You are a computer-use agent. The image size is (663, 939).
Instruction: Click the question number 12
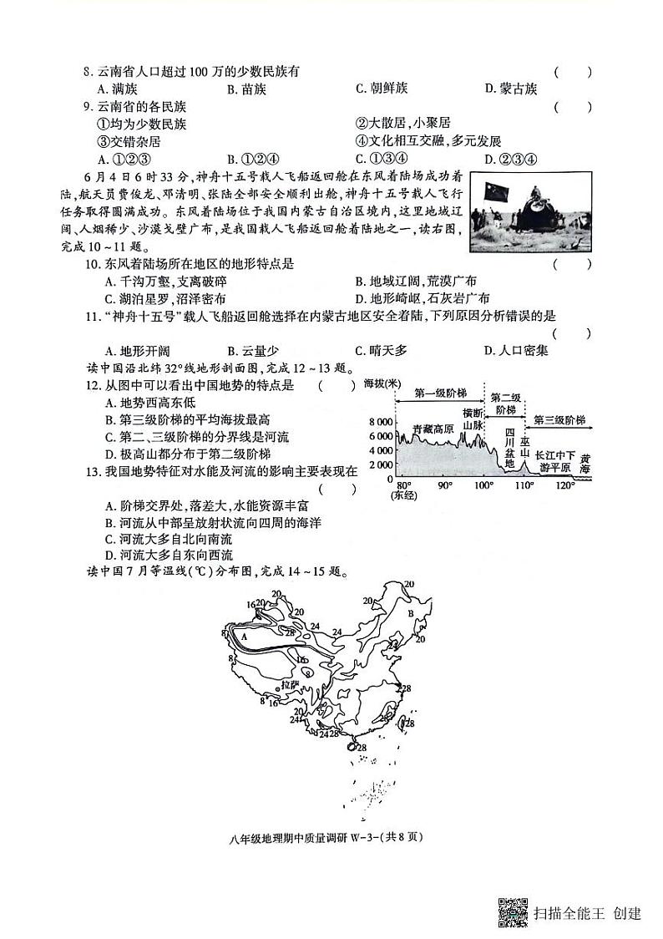pos(93,385)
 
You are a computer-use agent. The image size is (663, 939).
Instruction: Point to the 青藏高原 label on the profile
pos(433,429)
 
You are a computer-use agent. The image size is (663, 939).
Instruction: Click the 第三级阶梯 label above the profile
pos(559,419)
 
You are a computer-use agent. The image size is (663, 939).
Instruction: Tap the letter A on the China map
pos(244,636)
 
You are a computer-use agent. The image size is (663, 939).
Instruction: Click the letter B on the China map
pos(410,612)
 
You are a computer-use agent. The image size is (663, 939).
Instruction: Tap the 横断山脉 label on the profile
pos(473,420)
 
